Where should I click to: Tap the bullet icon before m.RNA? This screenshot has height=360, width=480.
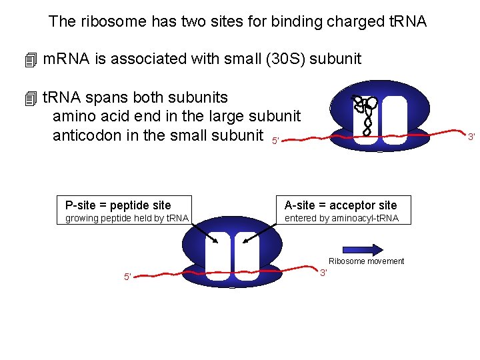[29, 60]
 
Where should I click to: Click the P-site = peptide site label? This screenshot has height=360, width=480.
[117, 205]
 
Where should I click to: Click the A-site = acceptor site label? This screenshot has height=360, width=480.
[340, 205]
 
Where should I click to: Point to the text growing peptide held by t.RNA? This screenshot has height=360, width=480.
[127, 218]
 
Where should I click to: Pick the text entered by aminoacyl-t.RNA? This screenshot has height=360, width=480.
[341, 218]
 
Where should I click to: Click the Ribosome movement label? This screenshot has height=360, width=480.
[366, 261]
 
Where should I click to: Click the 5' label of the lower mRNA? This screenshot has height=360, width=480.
[127, 277]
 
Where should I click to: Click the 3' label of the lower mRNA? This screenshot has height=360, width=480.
[323, 273]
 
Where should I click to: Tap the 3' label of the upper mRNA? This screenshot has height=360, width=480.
[471, 137]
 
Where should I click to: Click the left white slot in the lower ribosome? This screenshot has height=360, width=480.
[218, 256]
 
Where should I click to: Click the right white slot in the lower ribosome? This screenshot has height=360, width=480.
[247, 256]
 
